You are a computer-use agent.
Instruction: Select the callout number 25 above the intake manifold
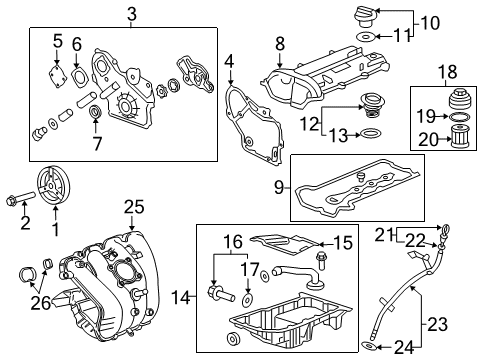point(134,207)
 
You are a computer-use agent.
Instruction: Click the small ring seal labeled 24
point(372,346)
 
